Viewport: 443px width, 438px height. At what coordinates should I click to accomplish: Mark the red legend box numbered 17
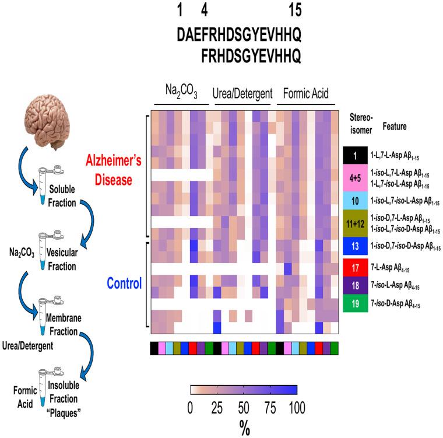pos(354,269)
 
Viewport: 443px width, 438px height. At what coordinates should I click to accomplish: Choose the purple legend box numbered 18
pos(354,285)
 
